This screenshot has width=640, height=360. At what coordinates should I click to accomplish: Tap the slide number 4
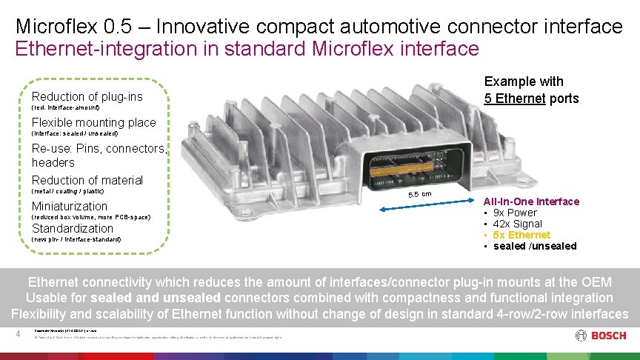click(x=17, y=335)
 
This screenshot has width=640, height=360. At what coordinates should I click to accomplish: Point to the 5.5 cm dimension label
click(x=420, y=194)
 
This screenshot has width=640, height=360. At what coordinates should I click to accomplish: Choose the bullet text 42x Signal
click(x=517, y=224)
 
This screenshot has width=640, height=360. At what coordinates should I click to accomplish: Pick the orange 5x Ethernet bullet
click(x=521, y=235)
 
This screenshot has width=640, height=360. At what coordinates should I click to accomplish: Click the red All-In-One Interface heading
click(x=531, y=201)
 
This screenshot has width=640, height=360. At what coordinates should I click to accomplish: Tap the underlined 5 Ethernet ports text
click(x=531, y=99)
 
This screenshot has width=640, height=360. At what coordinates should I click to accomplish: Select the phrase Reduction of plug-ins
click(x=87, y=96)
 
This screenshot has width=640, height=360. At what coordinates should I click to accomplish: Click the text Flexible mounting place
click(x=93, y=122)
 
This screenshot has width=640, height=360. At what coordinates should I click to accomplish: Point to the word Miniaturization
click(x=69, y=206)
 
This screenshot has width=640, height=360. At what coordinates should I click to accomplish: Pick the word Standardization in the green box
click(x=72, y=228)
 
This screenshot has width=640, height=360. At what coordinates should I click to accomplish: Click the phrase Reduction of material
click(x=87, y=180)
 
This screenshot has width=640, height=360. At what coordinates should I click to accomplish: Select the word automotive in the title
click(x=392, y=27)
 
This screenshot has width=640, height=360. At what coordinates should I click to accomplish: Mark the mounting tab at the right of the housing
click(x=524, y=181)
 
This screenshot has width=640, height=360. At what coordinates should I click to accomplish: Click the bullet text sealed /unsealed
click(x=534, y=246)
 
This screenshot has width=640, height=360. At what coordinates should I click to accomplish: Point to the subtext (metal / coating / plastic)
click(x=77, y=191)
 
